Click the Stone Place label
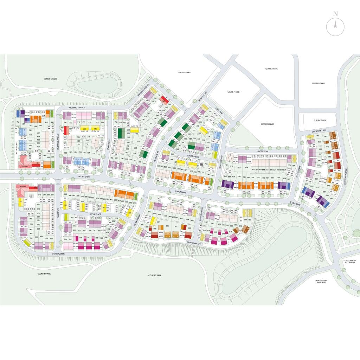coord(95,214)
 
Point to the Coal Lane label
coord(220,111)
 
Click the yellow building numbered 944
coord(21,202)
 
